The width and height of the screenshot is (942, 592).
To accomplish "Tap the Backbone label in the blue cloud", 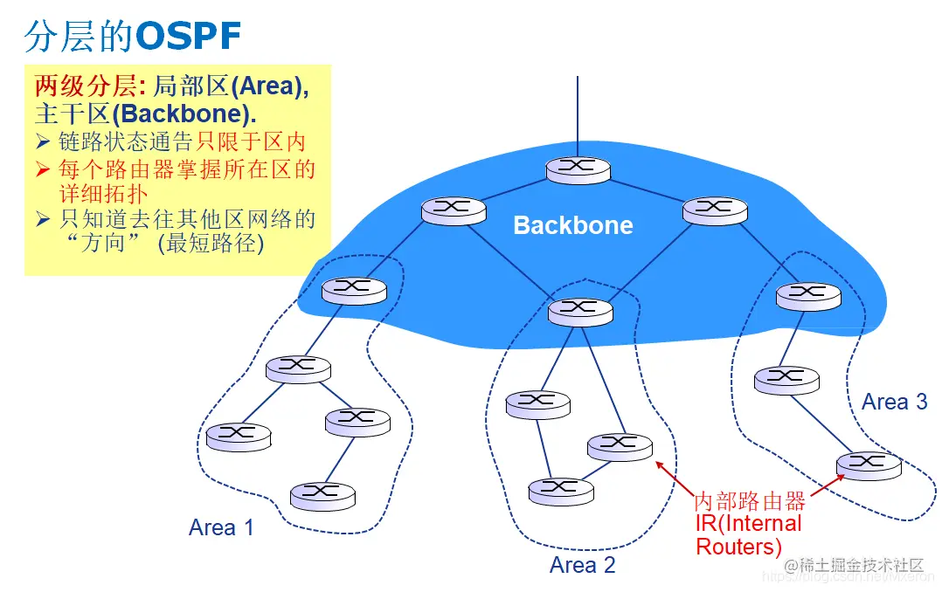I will coord(572,225).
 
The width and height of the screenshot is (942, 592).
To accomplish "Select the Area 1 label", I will coord(221,527).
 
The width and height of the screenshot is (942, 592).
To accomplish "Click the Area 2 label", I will coord(582,565).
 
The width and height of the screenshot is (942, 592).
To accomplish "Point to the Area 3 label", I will coord(894,402).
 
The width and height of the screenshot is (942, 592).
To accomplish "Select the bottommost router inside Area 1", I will coord(323,495).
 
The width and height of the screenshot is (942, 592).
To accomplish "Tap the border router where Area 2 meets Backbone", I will coord(579,310).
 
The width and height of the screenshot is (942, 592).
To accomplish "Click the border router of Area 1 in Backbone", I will coord(353,290).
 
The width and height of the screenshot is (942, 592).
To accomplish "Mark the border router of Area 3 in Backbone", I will coord(807,296).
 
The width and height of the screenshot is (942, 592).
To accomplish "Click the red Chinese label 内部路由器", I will coord(749,501).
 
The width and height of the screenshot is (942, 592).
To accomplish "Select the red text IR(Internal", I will coord(748,523).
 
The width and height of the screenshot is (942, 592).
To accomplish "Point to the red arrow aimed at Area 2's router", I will coord(673,478).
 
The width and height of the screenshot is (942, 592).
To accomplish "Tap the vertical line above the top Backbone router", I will coord(578,114).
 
